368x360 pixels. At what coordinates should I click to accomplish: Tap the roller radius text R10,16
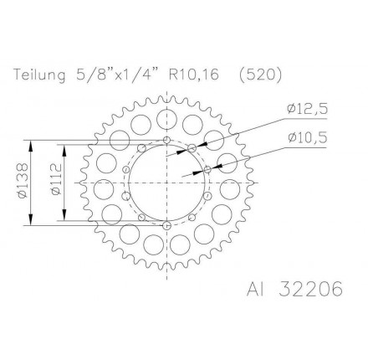pyautogui.click(x=194, y=75)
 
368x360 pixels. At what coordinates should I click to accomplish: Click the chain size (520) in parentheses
pyautogui.click(x=262, y=75)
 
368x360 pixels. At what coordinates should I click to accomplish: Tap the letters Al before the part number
pyautogui.click(x=256, y=290)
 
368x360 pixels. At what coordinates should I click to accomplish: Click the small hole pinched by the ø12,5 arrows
pyautogui.click(x=192, y=147)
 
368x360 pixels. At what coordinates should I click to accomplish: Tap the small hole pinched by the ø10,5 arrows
pyautogui.click(x=207, y=169)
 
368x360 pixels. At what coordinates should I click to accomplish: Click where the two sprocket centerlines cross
pyautogui.click(x=167, y=183)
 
